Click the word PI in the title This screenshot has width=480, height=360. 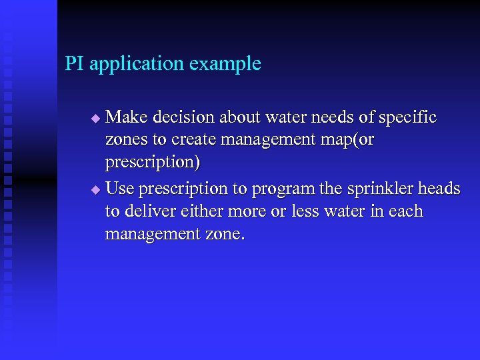tap(75, 64)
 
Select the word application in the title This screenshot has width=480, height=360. tap(137, 65)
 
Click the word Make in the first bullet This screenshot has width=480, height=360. tap(127, 117)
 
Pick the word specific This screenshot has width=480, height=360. tap(407, 118)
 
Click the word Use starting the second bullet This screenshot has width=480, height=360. tap(121, 189)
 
